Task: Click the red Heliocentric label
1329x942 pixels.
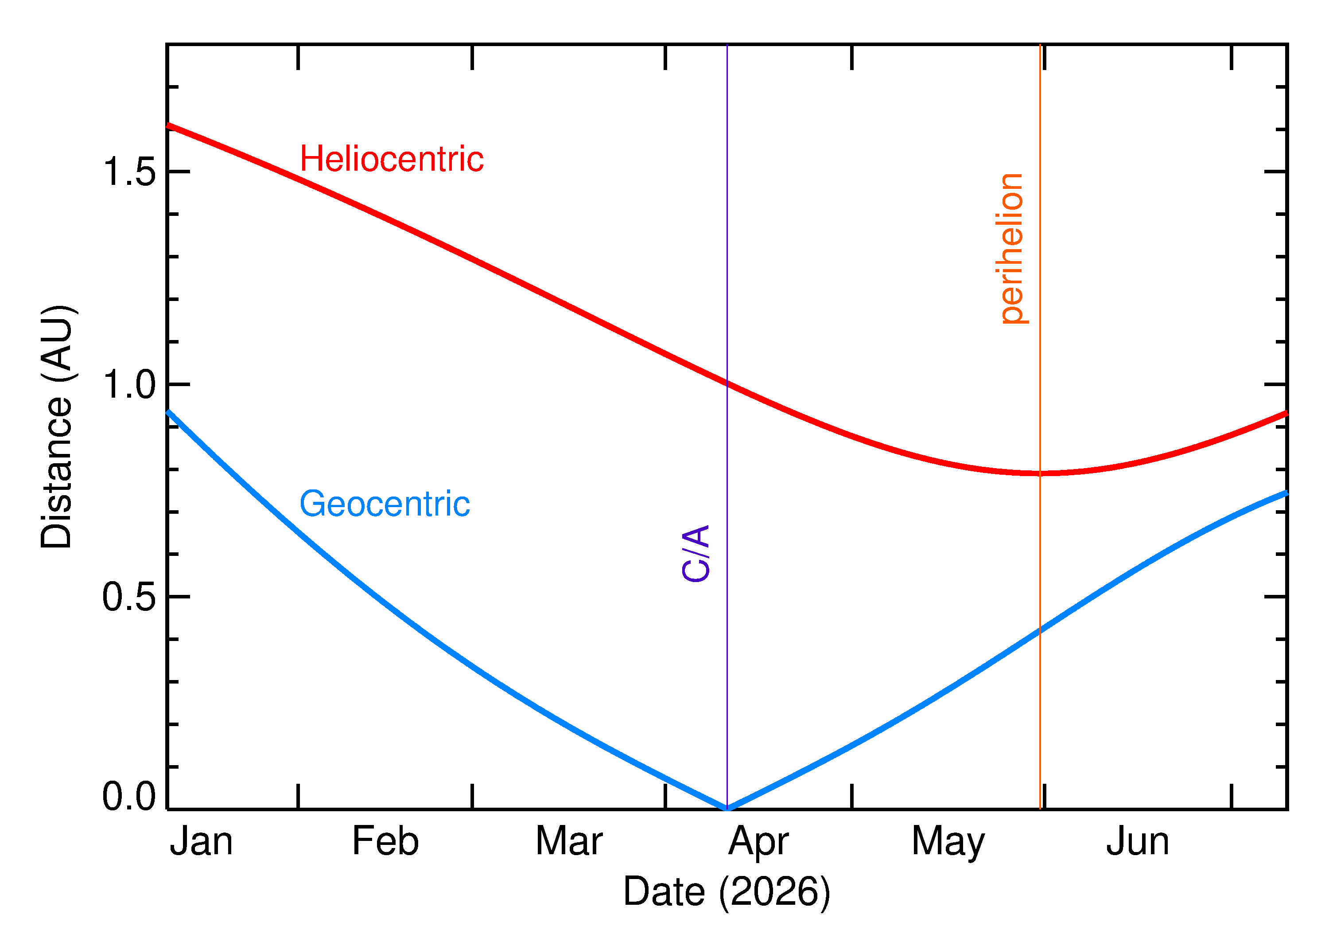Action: (x=391, y=159)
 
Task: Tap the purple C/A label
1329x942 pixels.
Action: (x=696, y=553)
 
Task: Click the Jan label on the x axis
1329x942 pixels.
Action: (x=201, y=842)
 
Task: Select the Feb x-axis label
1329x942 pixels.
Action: (x=385, y=842)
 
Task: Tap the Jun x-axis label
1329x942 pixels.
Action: (x=1137, y=842)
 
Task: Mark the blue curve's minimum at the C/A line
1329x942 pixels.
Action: (x=727, y=808)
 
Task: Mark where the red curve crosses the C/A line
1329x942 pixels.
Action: (x=727, y=383)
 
